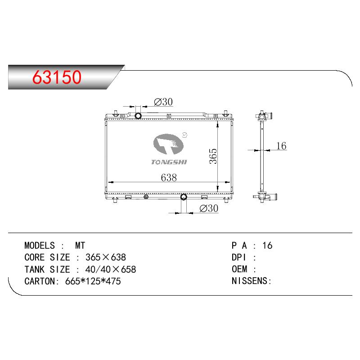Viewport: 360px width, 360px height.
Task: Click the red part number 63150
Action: (57, 77)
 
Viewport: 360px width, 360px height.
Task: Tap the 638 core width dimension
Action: (169, 177)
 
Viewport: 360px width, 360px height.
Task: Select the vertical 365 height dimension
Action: (213, 156)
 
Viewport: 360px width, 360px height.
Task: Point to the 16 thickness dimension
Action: (281, 146)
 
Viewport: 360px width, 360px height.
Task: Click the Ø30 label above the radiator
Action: (163, 102)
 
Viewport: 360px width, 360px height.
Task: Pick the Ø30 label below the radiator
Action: (209, 208)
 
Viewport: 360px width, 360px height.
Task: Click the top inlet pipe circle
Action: (138, 116)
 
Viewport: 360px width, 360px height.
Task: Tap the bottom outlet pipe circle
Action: (184, 197)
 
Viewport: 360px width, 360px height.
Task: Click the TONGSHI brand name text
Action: (169, 162)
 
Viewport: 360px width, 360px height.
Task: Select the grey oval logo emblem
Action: (168, 144)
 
